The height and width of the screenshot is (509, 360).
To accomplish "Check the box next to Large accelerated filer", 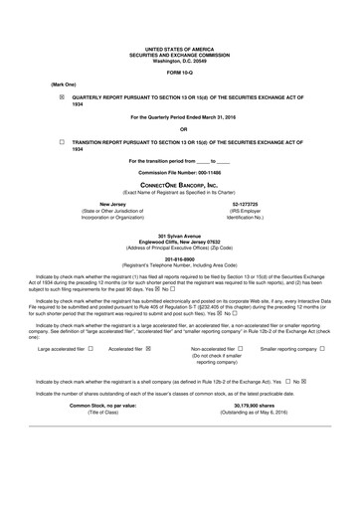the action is click(x=90, y=350).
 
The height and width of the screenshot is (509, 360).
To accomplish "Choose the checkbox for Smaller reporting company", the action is click(x=323, y=350).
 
